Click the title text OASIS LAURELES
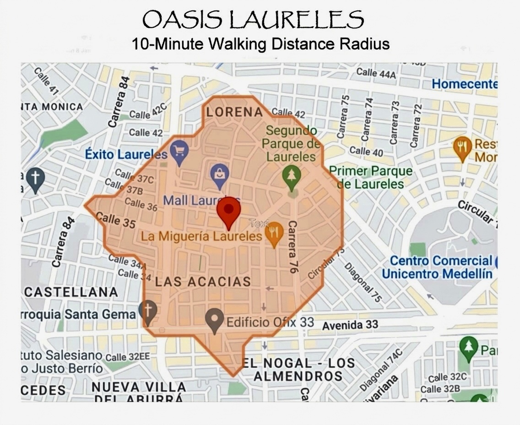tap(253, 20)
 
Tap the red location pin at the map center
tap(228, 212)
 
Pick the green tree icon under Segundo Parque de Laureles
tap(292, 177)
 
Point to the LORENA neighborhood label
tap(235, 112)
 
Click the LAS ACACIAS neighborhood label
tap(203, 282)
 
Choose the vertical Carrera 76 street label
tap(292, 247)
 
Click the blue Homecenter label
tap(464, 84)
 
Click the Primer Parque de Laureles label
tap(370, 178)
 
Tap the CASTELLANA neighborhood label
tap(71, 292)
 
